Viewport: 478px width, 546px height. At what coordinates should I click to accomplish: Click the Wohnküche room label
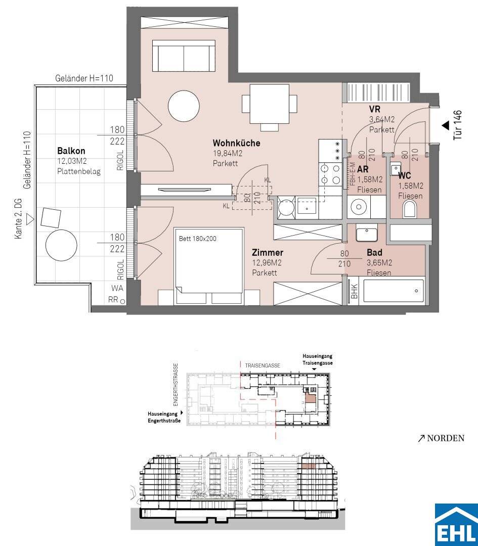[x=236, y=143]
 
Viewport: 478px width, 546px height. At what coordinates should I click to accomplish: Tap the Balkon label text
[x=71, y=151]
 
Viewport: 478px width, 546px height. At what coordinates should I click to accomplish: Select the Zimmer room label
[x=268, y=252]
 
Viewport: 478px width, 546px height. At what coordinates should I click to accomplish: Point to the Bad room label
[x=374, y=252]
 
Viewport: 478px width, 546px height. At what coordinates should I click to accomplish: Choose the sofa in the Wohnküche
[x=184, y=56]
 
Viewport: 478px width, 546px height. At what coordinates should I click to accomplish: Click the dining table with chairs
[x=270, y=107]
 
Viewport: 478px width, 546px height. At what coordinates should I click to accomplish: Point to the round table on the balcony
[x=61, y=245]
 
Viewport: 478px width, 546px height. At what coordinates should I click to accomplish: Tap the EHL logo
[x=456, y=524]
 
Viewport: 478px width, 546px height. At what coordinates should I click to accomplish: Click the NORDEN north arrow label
[x=442, y=438]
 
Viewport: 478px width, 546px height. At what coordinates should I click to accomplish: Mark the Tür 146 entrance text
[x=458, y=125]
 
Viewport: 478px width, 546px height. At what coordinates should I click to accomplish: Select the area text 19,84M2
[x=228, y=154]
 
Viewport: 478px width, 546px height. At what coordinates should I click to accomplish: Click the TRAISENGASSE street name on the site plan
[x=263, y=366]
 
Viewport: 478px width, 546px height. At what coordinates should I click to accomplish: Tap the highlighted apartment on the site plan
[x=310, y=397]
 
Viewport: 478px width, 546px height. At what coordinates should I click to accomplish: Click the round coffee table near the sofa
[x=184, y=106]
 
